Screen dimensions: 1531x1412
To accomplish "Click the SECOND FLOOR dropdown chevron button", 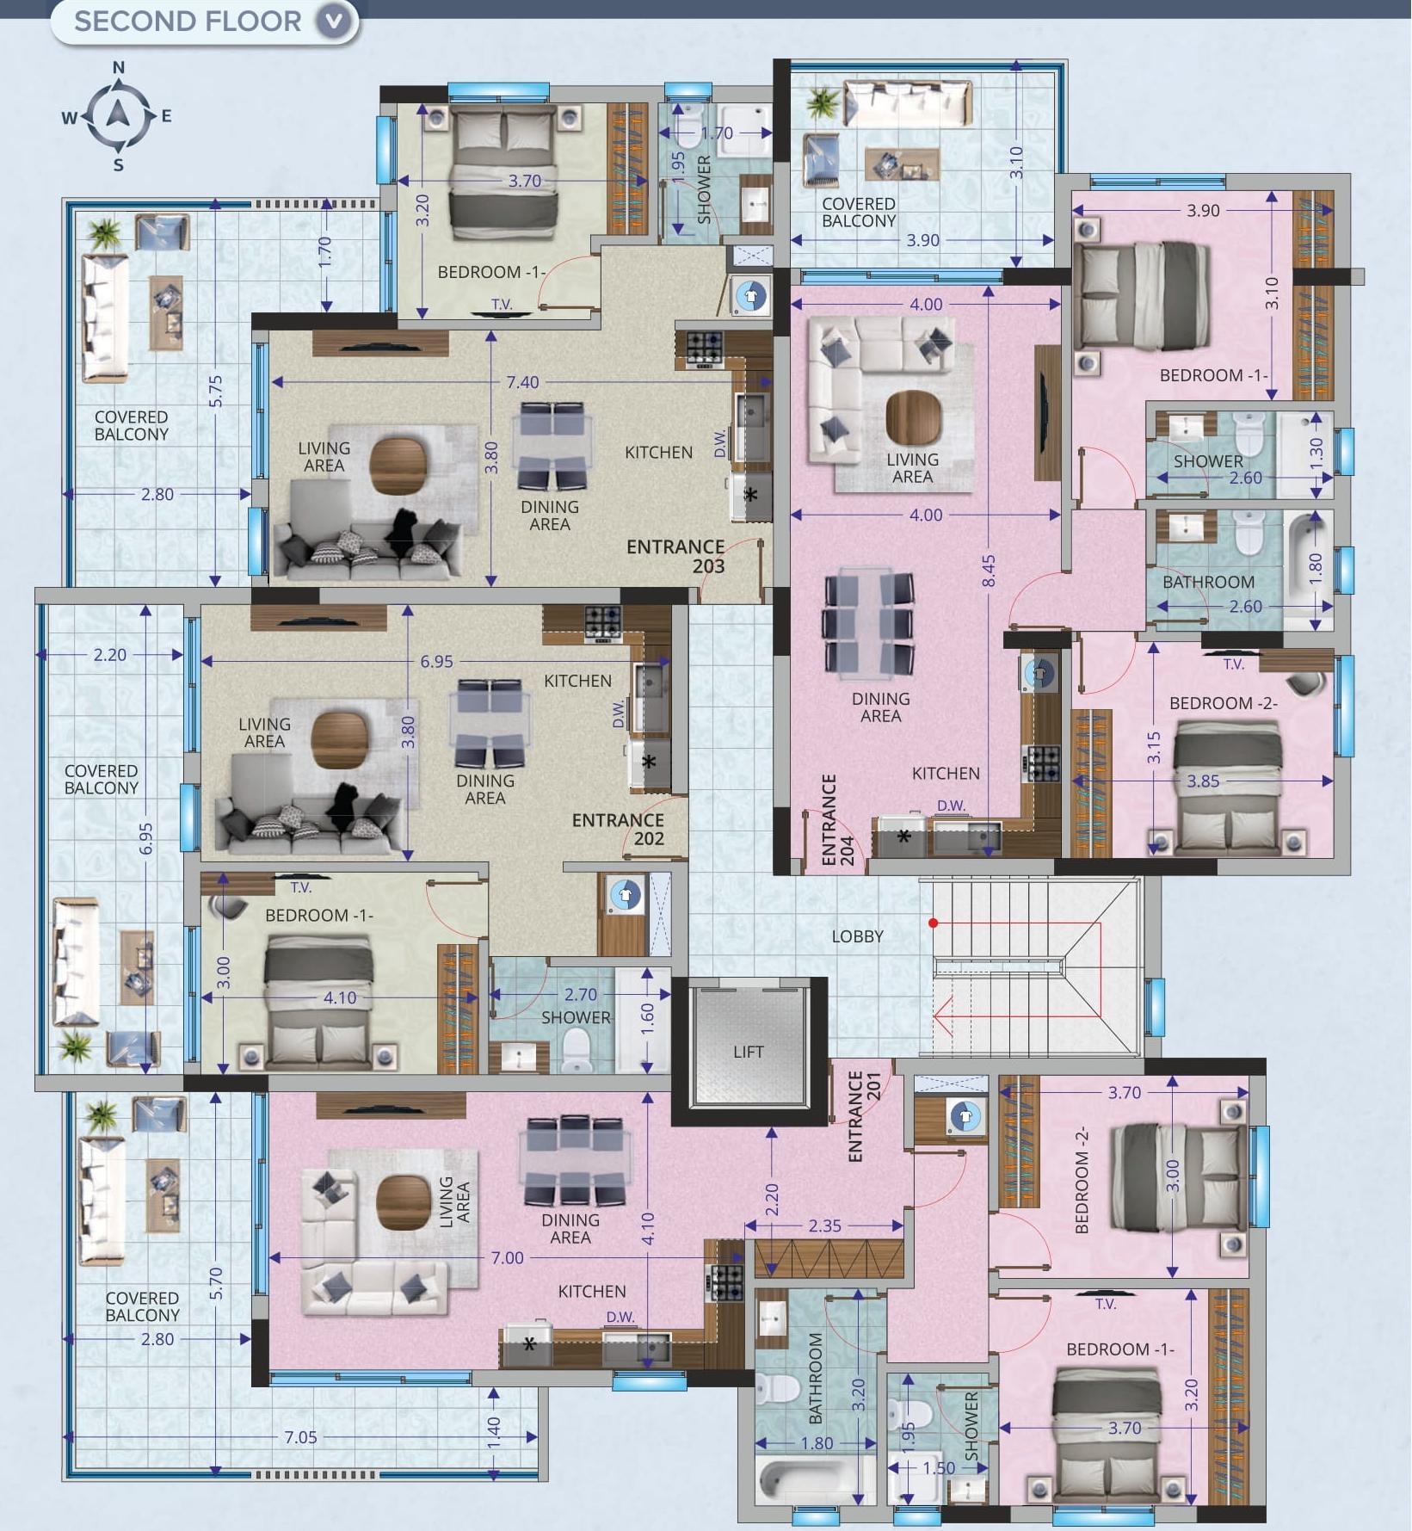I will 335,21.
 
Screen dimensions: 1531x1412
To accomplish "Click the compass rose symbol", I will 118,115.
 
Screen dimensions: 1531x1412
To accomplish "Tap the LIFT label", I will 748,1052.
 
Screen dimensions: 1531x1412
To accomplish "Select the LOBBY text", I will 857,936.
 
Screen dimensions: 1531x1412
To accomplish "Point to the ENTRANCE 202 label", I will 619,829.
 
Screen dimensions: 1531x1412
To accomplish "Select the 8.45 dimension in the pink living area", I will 989,571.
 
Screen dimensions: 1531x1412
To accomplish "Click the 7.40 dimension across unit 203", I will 522,382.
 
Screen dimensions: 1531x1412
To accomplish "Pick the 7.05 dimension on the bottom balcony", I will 300,1436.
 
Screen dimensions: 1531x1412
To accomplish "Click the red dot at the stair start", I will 933,923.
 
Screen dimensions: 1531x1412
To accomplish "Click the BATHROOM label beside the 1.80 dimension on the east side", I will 1208,582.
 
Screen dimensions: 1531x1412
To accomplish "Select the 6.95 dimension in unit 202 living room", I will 436,662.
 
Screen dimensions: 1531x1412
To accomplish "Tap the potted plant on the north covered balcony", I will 823,102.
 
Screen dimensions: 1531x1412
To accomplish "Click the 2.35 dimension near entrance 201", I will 824,1225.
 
